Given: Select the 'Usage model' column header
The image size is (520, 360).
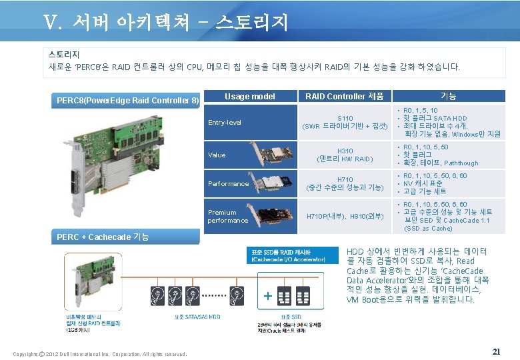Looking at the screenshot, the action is [249, 97].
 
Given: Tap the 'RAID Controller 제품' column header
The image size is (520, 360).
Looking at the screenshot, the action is [344, 97].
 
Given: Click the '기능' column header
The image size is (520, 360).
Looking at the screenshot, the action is [449, 97].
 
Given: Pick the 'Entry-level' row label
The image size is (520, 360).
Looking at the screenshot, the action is [225, 123].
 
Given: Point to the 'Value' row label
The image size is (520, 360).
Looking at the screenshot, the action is [217, 155].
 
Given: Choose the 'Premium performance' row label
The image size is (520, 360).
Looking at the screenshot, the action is [227, 216].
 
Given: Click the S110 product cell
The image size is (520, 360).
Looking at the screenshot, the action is [345, 122].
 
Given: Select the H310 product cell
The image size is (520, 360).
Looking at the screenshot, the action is [345, 155].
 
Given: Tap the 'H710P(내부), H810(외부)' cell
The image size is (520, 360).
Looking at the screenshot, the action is [345, 216].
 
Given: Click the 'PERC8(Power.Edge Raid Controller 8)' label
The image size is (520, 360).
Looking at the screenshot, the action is [127, 101].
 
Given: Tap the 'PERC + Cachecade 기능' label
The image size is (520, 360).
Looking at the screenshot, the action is [103, 237].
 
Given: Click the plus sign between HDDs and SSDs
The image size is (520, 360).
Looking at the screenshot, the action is [268, 295].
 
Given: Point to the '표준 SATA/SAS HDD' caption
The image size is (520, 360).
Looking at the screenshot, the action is [197, 317].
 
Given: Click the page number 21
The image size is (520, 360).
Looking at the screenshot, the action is [495, 351].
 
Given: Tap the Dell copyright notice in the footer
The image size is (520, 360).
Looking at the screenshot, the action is [99, 353].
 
